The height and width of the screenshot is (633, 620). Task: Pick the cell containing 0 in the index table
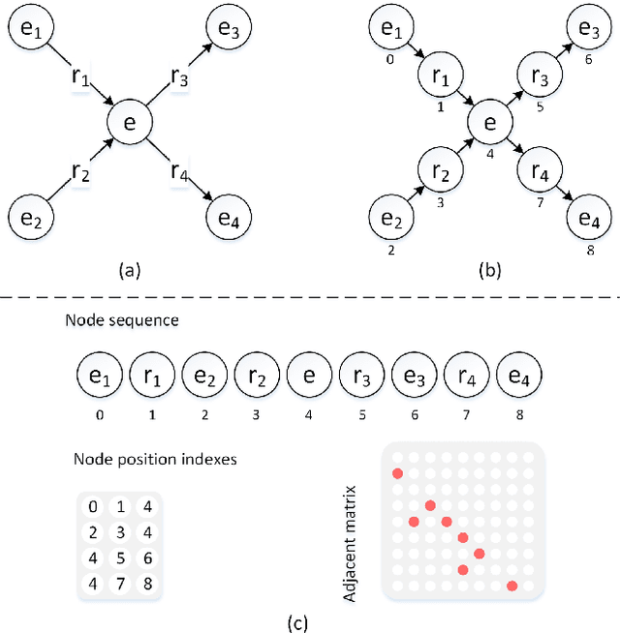coord(93,507)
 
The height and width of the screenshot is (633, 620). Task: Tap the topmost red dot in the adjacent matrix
coord(397,473)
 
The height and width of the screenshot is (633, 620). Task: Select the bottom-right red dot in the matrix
coord(511,586)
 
